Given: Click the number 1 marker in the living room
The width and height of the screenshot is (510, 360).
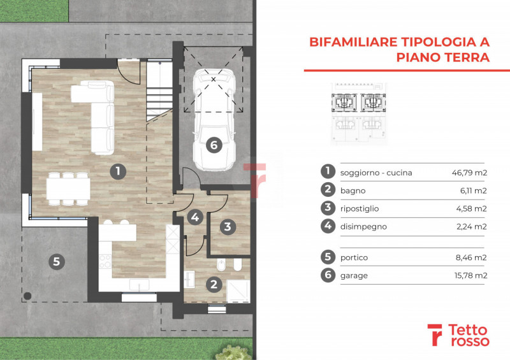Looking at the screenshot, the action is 118,171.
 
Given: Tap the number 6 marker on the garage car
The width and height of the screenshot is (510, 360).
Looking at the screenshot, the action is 214,145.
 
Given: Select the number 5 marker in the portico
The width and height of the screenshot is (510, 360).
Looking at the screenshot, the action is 57,261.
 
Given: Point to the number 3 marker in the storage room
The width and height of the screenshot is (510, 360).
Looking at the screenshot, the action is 228,226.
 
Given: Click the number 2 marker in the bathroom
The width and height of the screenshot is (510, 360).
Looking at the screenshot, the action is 214,285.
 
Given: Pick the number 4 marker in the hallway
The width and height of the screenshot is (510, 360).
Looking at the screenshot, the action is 195,217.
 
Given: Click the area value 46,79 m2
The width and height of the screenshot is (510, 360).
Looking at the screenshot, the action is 469,173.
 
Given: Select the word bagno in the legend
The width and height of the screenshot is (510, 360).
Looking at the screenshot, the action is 353,191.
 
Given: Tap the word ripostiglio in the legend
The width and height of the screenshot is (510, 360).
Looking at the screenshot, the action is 360,209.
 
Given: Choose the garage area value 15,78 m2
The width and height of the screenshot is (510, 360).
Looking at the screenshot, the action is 470,275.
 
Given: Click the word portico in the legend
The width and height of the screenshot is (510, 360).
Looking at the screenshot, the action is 354,258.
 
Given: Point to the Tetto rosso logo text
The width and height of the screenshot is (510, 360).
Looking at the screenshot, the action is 469,335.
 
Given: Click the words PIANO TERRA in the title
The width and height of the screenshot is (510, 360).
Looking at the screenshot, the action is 442,57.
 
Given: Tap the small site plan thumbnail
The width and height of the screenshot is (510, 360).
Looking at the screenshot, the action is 358,113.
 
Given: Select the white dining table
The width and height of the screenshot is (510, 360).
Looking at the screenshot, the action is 68,189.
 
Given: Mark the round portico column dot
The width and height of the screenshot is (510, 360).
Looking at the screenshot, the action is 27,296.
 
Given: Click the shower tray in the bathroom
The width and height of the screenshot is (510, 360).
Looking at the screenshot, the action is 238,291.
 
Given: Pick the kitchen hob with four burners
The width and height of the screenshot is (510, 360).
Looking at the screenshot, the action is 105,261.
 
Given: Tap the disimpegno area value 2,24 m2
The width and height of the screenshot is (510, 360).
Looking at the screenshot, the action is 472,227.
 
